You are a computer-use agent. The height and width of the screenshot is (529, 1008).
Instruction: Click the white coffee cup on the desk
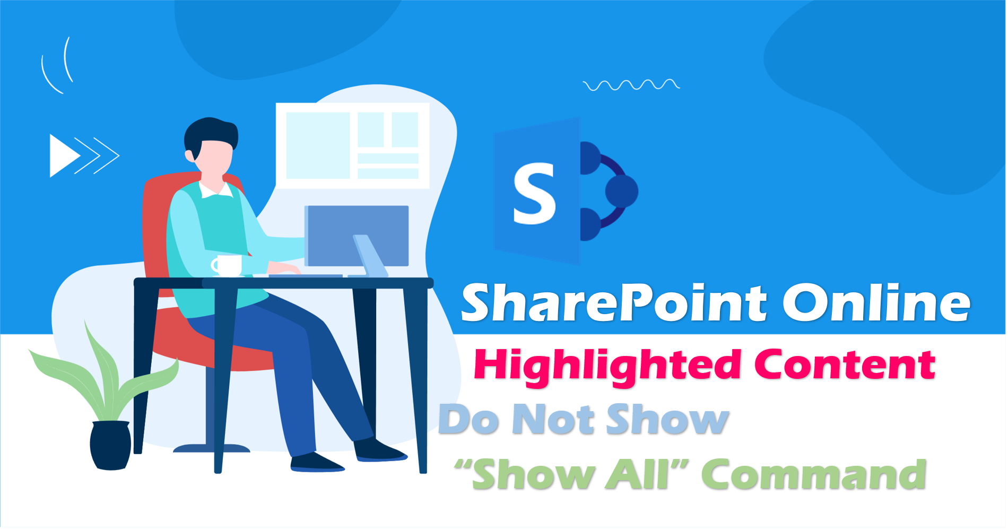pyautogui.click(x=227, y=265)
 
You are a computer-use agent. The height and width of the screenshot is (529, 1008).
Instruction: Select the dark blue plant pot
pyautogui.click(x=110, y=445)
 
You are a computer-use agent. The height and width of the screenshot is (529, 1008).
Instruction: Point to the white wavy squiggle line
pyautogui.click(x=631, y=85)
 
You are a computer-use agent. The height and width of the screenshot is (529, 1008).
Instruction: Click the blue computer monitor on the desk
pyautogui.click(x=357, y=236)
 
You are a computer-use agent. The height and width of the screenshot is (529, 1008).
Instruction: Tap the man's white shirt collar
pyautogui.click(x=215, y=189)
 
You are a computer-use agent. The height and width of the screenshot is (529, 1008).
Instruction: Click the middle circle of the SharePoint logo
pyautogui.click(x=621, y=191)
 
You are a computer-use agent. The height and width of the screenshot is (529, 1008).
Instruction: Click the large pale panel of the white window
pyautogui.click(x=318, y=145)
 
